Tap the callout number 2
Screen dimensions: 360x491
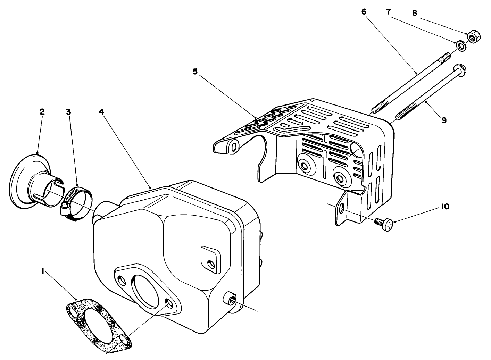(42, 112)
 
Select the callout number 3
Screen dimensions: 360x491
(68, 112)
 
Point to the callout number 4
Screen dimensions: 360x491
(101, 112)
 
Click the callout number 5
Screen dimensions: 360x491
(195, 72)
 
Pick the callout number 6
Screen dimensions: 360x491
(364, 12)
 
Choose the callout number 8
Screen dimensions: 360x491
(414, 13)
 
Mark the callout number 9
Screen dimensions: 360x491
(444, 120)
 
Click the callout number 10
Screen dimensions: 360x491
(444, 207)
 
